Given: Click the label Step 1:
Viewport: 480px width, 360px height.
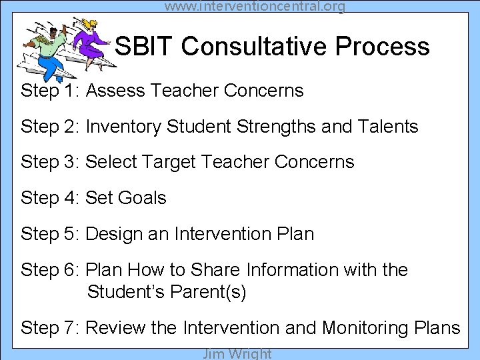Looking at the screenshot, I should point(50,91).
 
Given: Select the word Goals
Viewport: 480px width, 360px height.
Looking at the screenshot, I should point(142,198).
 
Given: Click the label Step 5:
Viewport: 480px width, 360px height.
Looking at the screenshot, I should point(50,234).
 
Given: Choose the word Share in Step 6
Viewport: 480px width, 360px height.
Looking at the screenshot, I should point(216,270).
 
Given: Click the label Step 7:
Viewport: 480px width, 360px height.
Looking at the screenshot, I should point(50,328).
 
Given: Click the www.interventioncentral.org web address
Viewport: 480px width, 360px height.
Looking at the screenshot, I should point(255,7).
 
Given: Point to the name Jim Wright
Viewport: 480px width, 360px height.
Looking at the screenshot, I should point(237,353).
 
